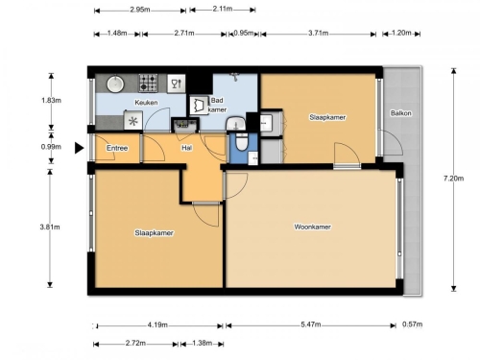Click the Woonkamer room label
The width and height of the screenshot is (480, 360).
coord(312,227)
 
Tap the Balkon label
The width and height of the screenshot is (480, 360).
coord(400,113)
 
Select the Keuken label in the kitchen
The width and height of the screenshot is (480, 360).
coord(146,103)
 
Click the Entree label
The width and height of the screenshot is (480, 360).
coord(117,148)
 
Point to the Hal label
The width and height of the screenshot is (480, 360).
coord(186,148)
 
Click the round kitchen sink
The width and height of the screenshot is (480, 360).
coord(115,84)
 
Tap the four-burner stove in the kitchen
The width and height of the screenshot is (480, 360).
coord(148,83)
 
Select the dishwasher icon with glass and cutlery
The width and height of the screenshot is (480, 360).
coord(177,84)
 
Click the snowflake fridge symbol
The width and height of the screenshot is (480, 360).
coord(133,121)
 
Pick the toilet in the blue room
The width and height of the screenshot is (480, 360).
coord(242,142)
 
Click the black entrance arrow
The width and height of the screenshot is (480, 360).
coord(79,148)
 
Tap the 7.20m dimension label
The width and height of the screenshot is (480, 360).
coord(453,179)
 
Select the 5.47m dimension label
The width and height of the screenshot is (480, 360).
coord(311,324)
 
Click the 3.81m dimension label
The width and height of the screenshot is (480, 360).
coord(50,227)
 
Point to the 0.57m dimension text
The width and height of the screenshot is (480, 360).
coord(412,324)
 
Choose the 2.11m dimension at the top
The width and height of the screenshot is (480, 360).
coord(223,9)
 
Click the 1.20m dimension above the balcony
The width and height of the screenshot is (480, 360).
coord(401,33)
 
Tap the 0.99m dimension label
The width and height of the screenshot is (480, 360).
coord(51,147)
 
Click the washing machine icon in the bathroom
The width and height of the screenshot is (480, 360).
coord(199,106)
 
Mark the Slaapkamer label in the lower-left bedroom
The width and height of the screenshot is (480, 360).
coord(154,233)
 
